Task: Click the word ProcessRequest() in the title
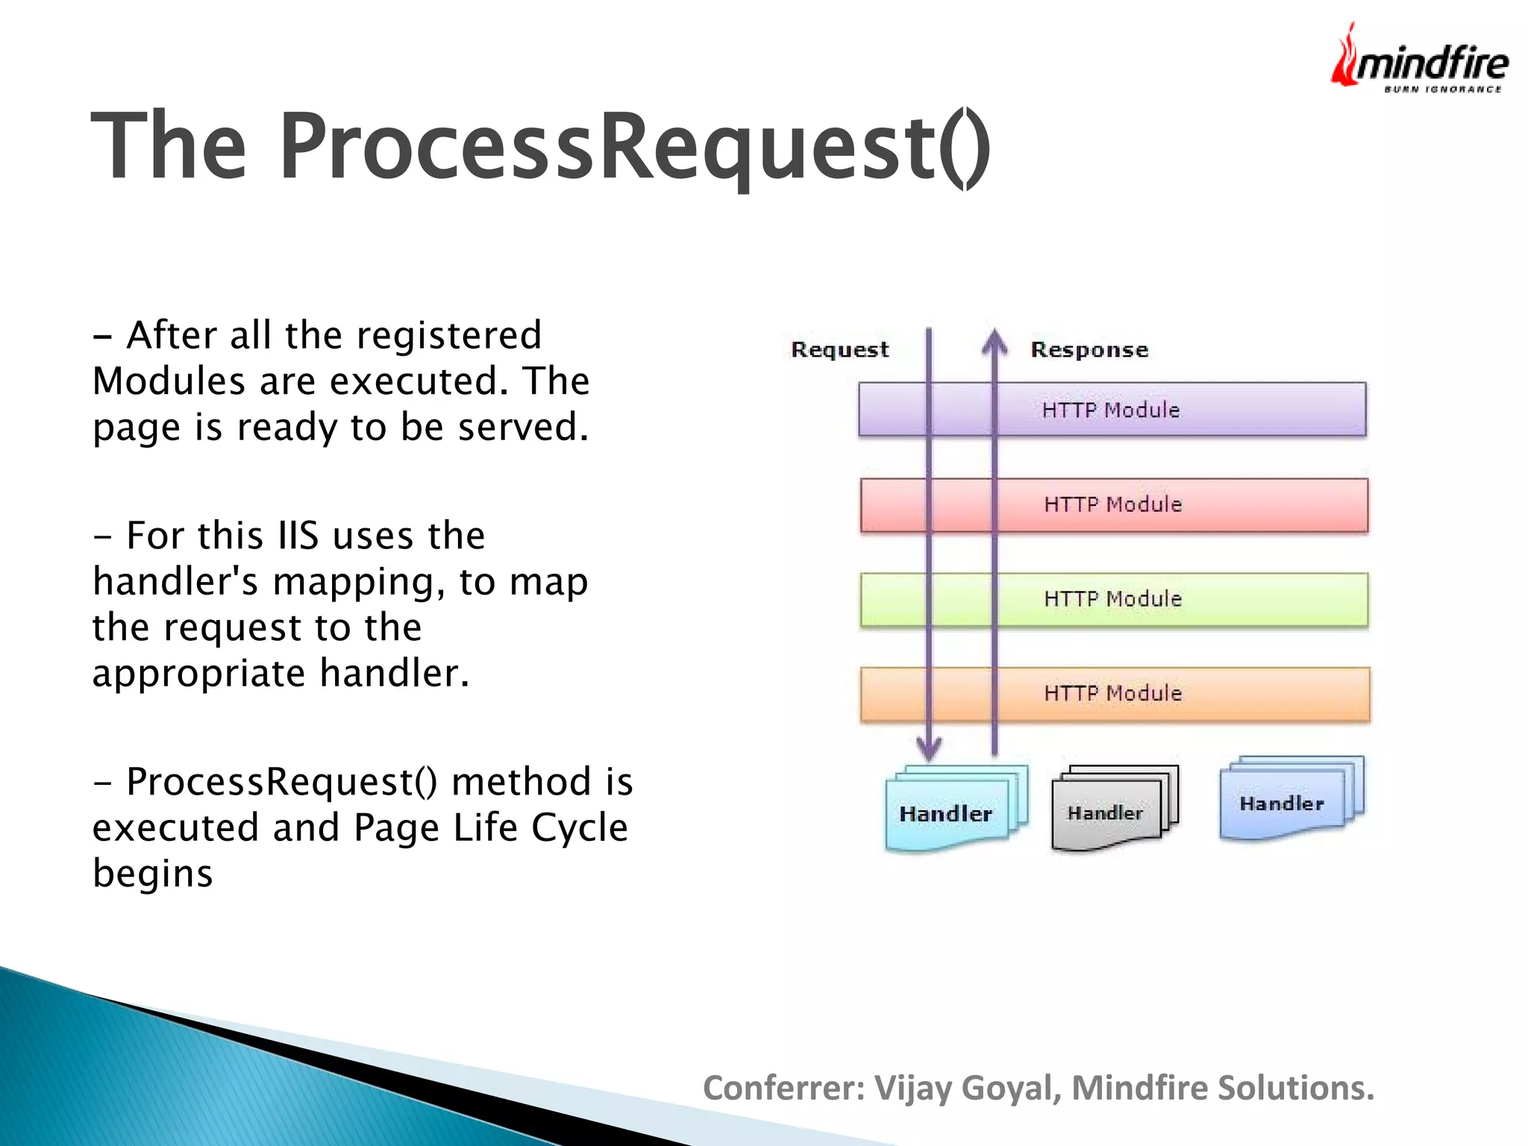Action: [x=634, y=145]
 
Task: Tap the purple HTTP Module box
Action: [x=1111, y=410]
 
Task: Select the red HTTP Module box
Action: [x=1113, y=505]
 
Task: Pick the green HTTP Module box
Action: [x=1113, y=599]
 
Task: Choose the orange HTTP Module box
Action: [x=1113, y=694]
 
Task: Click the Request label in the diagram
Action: [x=840, y=350]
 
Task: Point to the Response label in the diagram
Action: [x=1089, y=350]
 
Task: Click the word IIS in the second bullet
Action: [x=298, y=536]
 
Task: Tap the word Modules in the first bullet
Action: [x=169, y=381]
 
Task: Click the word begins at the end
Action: [x=153, y=874]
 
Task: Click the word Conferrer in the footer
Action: [x=783, y=1088]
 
